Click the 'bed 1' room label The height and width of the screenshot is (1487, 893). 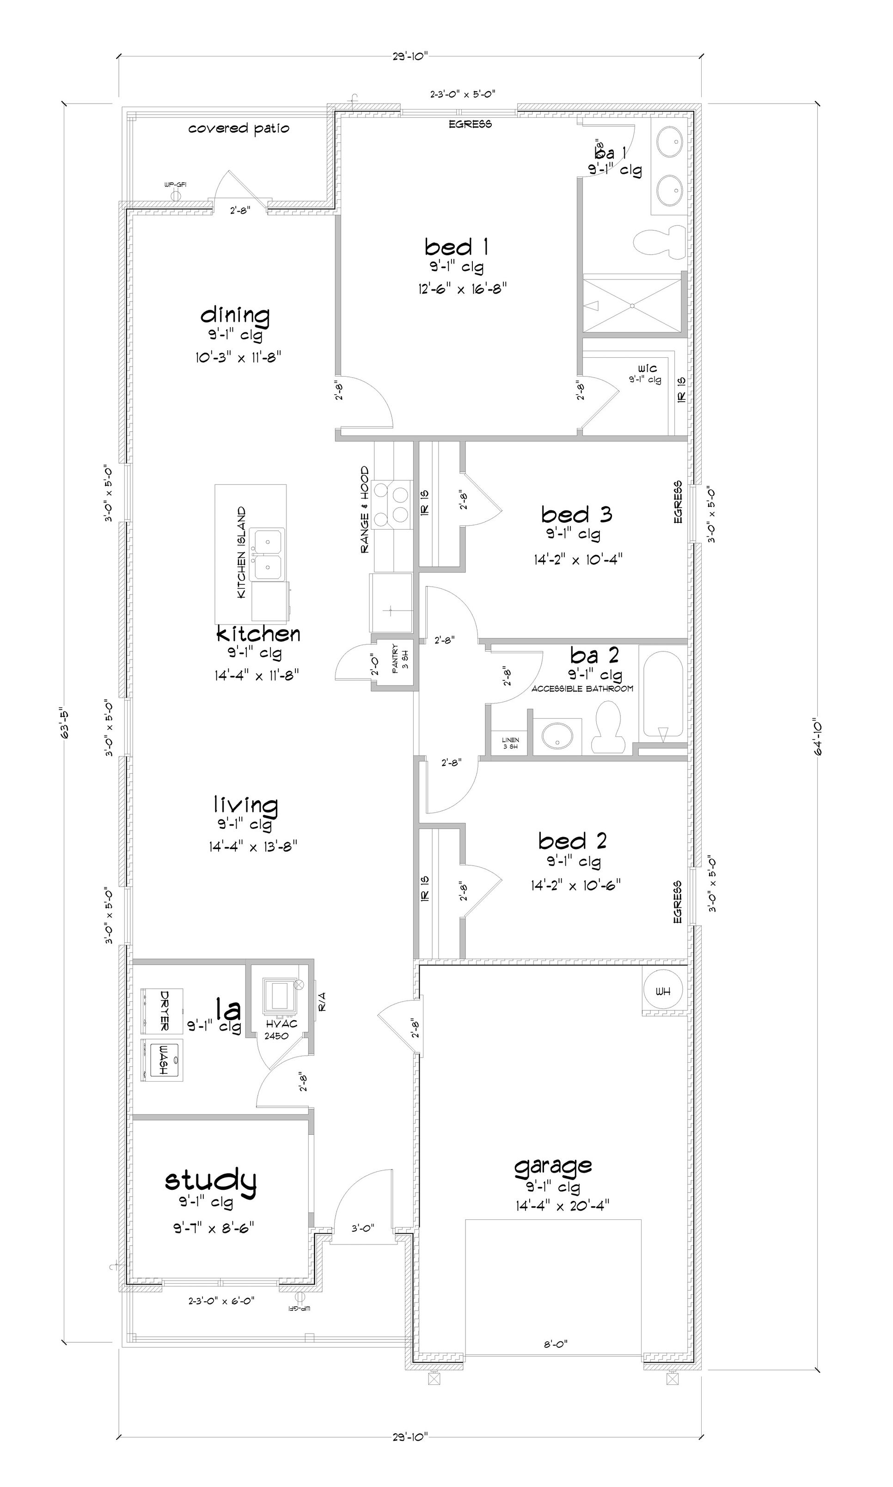[x=456, y=247]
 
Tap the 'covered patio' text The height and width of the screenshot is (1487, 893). [x=239, y=128]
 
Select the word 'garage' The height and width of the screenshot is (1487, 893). [x=553, y=1166]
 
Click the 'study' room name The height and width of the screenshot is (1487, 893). [x=211, y=1180]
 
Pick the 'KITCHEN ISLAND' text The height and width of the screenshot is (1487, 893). [x=242, y=552]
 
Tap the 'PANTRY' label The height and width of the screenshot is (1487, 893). [x=395, y=659]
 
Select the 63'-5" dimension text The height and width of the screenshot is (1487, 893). [x=65, y=725]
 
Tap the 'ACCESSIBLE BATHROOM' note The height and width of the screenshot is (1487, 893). [x=582, y=688]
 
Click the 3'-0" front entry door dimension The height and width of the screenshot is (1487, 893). [x=363, y=1228]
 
